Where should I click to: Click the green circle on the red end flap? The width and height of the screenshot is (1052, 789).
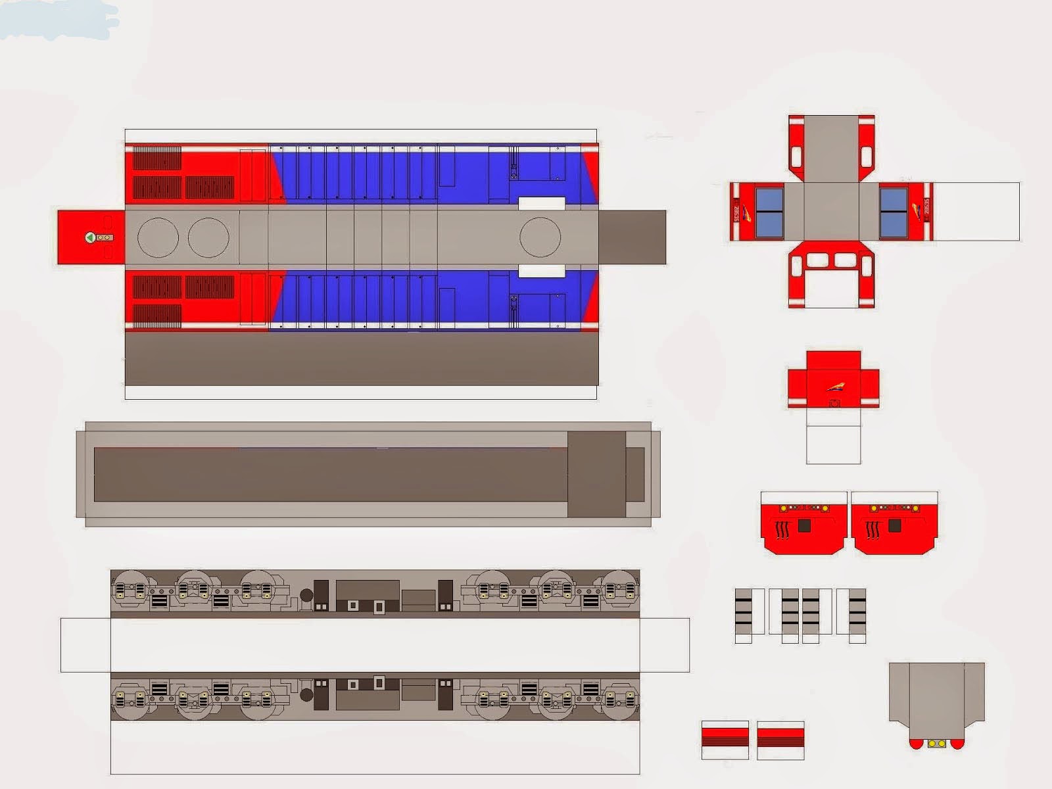[x=90, y=237]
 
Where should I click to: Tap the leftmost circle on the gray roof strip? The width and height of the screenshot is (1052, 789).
[x=158, y=237]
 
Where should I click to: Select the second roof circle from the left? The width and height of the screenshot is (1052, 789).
[x=208, y=237]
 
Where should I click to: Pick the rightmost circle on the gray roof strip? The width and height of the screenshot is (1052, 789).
[x=540, y=237]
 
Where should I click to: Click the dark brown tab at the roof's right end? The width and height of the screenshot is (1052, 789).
[x=632, y=237]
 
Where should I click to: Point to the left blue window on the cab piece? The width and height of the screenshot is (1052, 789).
[x=769, y=212]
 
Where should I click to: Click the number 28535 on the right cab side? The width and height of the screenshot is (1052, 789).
[x=926, y=211]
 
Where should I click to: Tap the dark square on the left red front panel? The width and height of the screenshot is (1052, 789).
[x=804, y=526]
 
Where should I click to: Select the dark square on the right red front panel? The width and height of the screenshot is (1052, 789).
[x=894, y=526]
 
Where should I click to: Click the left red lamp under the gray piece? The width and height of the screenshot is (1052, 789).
[x=916, y=744]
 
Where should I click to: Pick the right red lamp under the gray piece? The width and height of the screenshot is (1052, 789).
[x=957, y=744]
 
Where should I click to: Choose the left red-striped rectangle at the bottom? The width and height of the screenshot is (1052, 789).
[x=725, y=739]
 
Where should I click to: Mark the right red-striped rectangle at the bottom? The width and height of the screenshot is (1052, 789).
[x=780, y=739]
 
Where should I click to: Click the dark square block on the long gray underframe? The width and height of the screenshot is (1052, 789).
[x=596, y=474]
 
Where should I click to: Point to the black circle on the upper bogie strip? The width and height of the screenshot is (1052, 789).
[x=306, y=596]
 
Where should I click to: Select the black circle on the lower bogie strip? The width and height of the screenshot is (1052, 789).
[x=306, y=694]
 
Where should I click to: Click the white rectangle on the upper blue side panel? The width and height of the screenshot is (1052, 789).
[x=542, y=203]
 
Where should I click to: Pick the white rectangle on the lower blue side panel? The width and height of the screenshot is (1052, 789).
[x=542, y=271]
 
